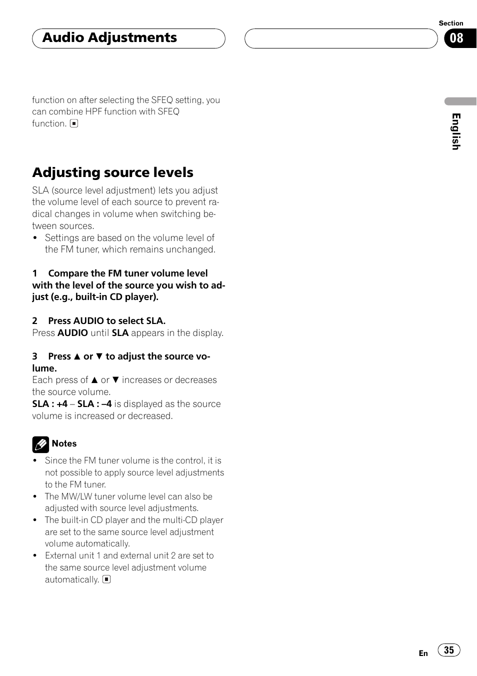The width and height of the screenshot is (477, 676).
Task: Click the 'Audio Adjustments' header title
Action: pyautogui.click(x=109, y=38)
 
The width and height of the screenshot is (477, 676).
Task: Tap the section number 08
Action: pyautogui.click(x=456, y=38)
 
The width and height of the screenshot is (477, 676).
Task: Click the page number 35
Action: pyautogui.click(x=449, y=650)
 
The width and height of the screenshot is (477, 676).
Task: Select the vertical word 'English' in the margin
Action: pyautogui.click(x=455, y=131)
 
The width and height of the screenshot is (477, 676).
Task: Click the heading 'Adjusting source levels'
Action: pyautogui.click(x=113, y=172)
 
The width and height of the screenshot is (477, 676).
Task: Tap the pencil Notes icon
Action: pyautogui.click(x=40, y=444)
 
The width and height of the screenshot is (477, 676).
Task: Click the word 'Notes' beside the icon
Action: pyautogui.click(x=64, y=443)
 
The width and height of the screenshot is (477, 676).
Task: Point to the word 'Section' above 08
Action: pyautogui.click(x=450, y=23)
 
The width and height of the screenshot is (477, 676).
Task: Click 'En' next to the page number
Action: pyautogui.click(x=423, y=653)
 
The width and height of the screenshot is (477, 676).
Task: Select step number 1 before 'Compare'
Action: pyautogui.click(x=35, y=273)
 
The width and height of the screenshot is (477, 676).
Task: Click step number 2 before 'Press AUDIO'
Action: pyautogui.click(x=35, y=321)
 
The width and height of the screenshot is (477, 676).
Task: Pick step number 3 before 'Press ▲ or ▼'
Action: pyautogui.click(x=35, y=356)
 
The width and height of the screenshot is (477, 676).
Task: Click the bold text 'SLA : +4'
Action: pyautogui.click(x=50, y=404)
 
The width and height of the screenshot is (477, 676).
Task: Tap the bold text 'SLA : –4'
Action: pyautogui.click(x=94, y=404)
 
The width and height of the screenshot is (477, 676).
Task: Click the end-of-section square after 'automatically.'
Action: pyautogui.click(x=106, y=579)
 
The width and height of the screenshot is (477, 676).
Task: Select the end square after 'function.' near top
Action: pyautogui.click(x=74, y=123)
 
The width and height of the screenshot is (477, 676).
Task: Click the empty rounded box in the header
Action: pyautogui.click(x=340, y=38)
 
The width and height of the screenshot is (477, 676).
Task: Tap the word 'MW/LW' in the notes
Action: pyautogui.click(x=75, y=496)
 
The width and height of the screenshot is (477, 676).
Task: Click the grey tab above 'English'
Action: pyautogui.click(x=460, y=101)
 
